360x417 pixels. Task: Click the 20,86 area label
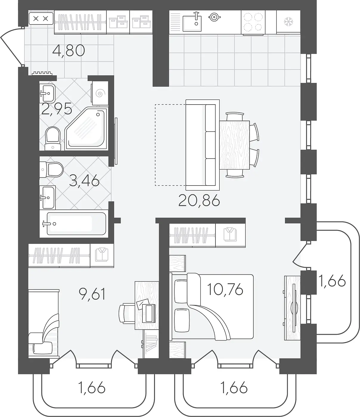(x=199, y=201)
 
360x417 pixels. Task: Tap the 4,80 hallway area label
(x=69, y=51)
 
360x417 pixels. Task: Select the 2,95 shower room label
(x=57, y=109)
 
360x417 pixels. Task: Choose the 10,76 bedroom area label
(x=225, y=289)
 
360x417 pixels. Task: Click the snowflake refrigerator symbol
(x=288, y=22)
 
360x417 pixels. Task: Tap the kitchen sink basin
(x=192, y=24)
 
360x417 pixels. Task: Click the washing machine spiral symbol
(x=99, y=94)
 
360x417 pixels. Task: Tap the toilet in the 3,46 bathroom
(x=52, y=170)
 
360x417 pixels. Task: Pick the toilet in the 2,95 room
(x=53, y=139)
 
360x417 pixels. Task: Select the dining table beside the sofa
(x=235, y=145)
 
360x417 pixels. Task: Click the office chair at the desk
(x=127, y=314)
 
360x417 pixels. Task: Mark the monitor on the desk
(x=149, y=313)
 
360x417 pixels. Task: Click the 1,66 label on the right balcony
(x=332, y=281)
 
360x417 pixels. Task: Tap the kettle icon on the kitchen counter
(x=214, y=17)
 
